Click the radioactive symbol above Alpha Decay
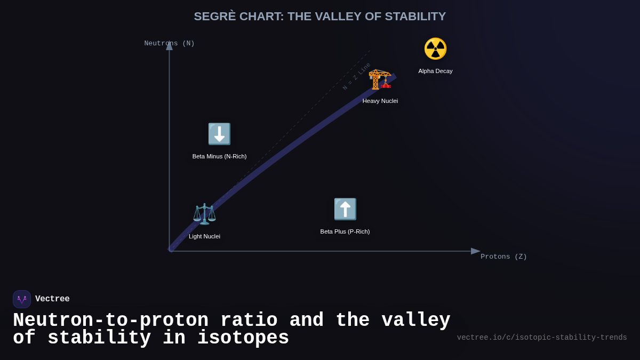[435, 49]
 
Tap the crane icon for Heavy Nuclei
[380, 79]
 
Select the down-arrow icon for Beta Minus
[219, 134]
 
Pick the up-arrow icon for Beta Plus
[345, 209]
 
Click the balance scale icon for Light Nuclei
[204, 214]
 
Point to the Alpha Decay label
[435, 71]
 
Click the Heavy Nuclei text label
[380, 101]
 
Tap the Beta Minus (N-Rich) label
[219, 156]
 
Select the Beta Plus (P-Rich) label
[345, 231]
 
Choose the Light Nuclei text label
[204, 236]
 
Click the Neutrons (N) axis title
[169, 43]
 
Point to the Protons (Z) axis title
[503, 257]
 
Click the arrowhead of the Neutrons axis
[169, 46]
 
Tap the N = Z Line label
[356, 76]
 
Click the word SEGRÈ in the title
[214, 17]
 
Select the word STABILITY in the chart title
[415, 17]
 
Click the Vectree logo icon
[22, 299]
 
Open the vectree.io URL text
[542, 338]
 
